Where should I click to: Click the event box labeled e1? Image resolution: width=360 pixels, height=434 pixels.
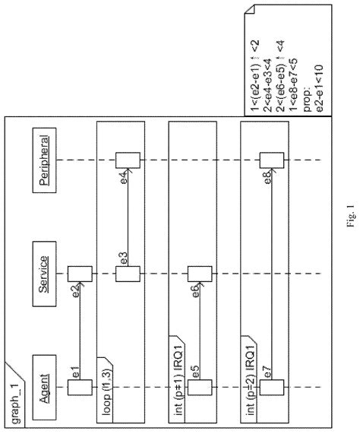pos(80,388)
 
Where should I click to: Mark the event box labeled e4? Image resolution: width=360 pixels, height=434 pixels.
pos(127,160)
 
